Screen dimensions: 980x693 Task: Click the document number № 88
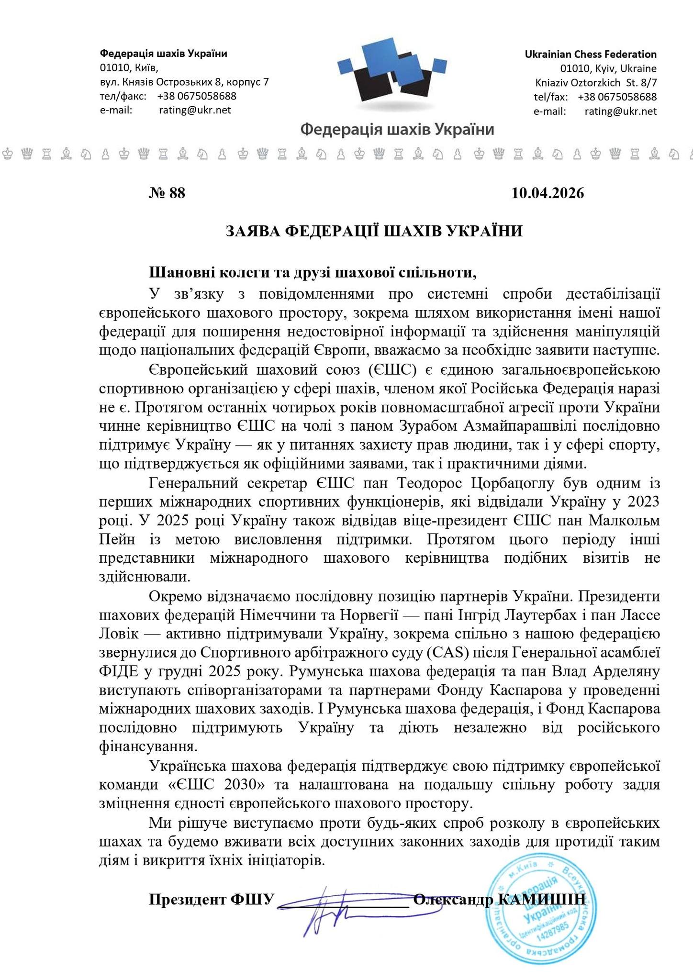point(167,193)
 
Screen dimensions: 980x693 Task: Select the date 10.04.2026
point(548,193)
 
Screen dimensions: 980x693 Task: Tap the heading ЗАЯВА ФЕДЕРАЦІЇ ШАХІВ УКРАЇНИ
point(374,231)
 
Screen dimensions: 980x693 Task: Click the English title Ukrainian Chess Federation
point(591,54)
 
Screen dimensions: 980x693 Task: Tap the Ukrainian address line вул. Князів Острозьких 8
point(184,82)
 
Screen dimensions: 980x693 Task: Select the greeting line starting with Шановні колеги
point(313,273)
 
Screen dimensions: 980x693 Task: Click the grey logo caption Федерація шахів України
point(397,129)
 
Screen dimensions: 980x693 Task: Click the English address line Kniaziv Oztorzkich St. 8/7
point(596,82)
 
